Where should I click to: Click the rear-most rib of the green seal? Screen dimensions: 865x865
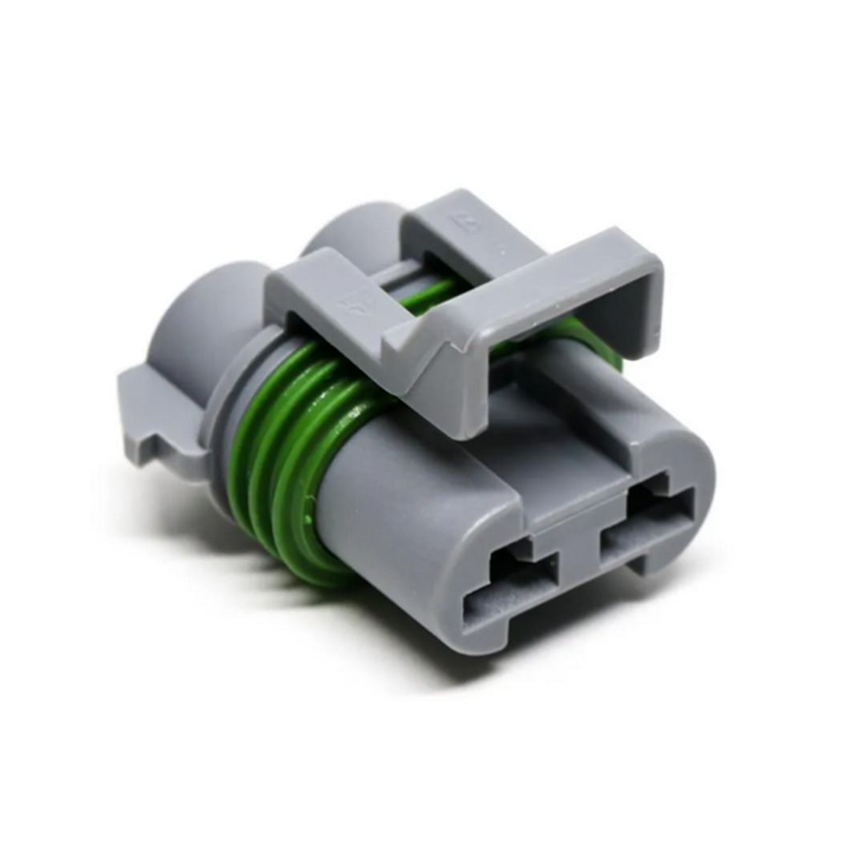(241, 449)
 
